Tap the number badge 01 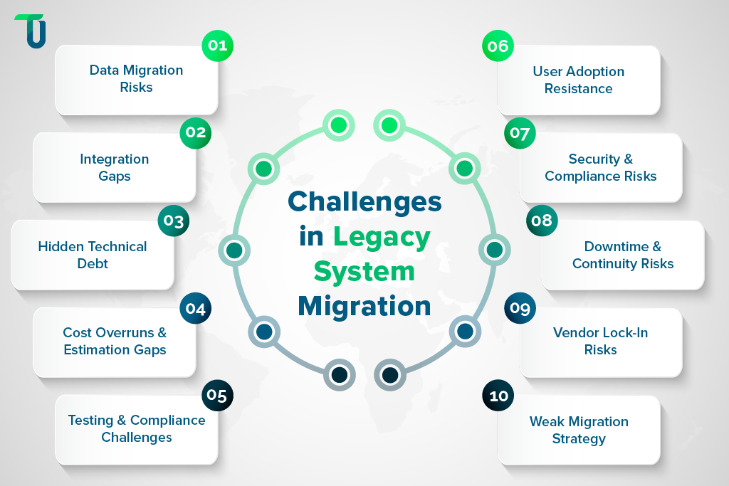[x=217, y=46]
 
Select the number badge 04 [x=195, y=308]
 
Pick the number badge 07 [x=520, y=133]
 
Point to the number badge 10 [x=498, y=396]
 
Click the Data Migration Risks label [x=136, y=79]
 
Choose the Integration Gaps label [x=115, y=167]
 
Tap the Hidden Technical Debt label [x=93, y=255]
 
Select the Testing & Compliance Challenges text [x=137, y=428]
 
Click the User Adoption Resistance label [x=579, y=80]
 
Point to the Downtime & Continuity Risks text [x=623, y=255]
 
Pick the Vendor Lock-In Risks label [x=601, y=341]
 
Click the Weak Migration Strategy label [x=579, y=430]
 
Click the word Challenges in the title [x=364, y=201]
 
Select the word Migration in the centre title [x=364, y=305]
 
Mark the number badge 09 [x=520, y=308]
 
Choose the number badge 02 [x=195, y=132]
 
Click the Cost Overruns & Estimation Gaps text [x=115, y=341]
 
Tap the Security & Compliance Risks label [x=601, y=167]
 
